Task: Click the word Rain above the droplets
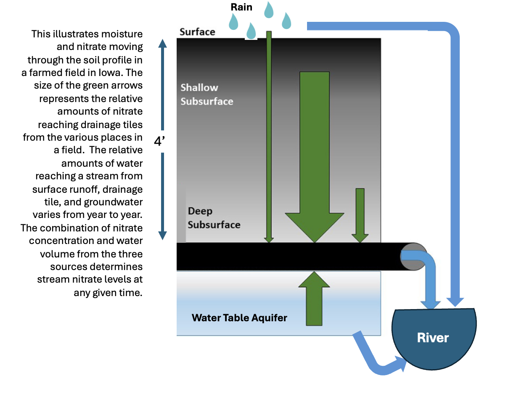(x=241, y=7)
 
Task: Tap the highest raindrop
(x=269, y=10)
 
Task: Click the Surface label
(x=197, y=32)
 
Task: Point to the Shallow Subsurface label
(x=207, y=94)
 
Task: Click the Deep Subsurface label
(x=214, y=218)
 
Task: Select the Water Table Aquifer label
(x=239, y=318)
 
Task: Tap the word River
(x=433, y=338)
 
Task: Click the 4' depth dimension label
(x=159, y=141)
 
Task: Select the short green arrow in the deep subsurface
(x=360, y=214)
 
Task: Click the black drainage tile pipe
(x=286, y=256)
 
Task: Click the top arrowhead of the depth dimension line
(x=163, y=43)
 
